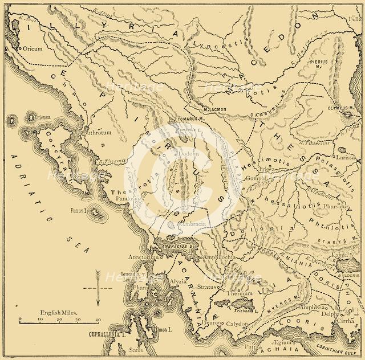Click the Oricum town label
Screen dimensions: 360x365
[34, 49]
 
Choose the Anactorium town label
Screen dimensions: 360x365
[143, 257]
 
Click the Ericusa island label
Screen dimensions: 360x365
[40, 117]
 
